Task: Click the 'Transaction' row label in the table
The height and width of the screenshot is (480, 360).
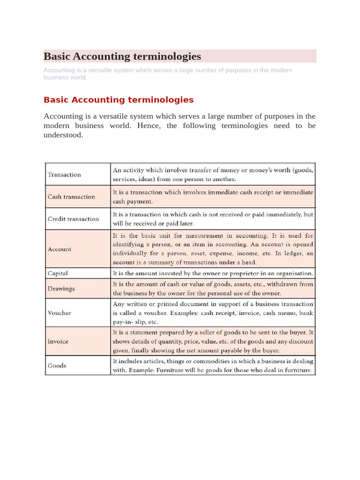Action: pos(64,174)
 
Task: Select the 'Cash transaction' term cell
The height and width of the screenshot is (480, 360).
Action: pos(71,197)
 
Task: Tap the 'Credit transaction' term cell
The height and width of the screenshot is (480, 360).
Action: pos(73,219)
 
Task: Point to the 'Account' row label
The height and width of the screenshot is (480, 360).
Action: pos(60,249)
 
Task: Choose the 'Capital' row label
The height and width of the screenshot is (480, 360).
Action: pos(58,273)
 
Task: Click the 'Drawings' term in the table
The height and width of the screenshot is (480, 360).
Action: pos(61,289)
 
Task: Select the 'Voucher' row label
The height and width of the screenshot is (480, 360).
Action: pos(60,313)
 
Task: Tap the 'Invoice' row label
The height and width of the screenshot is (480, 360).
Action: pos(58,341)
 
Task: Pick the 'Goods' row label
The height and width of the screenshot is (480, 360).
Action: pos(57,366)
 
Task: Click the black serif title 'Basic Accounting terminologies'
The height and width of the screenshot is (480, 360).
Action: pos(122,57)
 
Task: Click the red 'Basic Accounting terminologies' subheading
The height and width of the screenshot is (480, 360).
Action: pos(119,100)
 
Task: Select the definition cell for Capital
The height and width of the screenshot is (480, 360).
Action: pos(213,273)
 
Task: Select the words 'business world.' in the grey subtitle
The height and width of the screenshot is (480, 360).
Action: pos(65,77)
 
